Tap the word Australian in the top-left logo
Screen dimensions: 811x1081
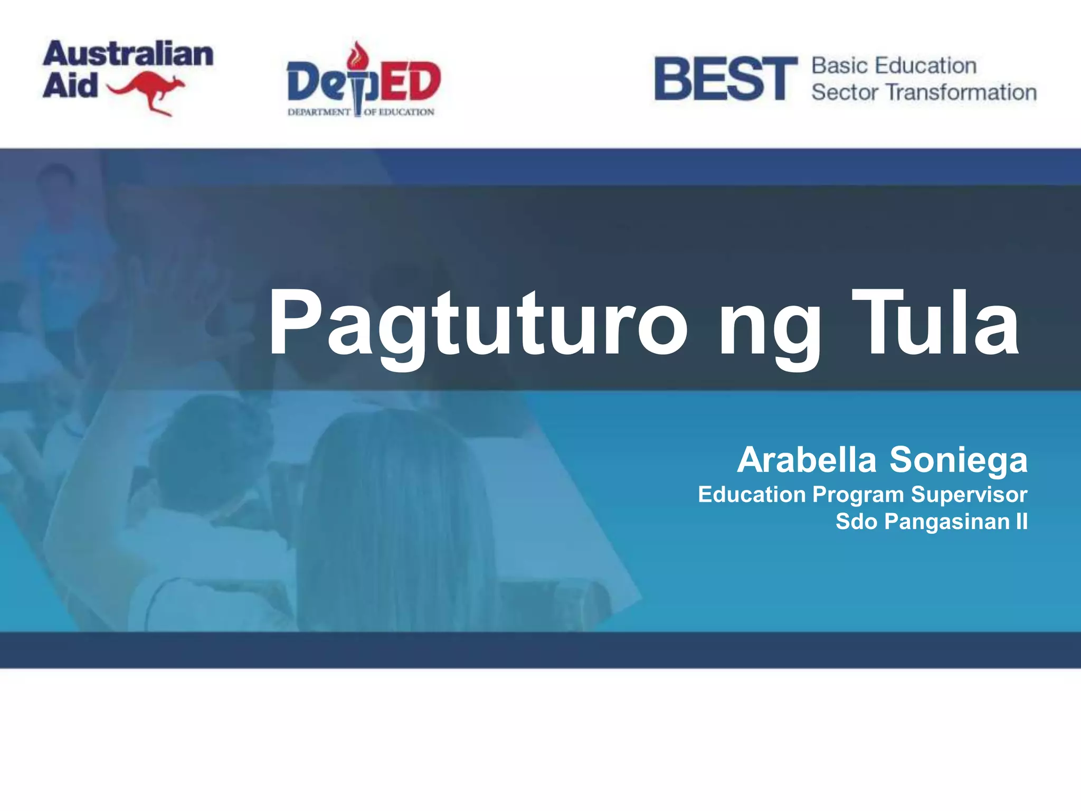(x=128, y=54)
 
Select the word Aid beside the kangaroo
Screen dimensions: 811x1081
(x=70, y=86)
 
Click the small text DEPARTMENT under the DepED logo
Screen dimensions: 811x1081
(x=319, y=112)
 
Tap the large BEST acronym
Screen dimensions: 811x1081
(x=725, y=79)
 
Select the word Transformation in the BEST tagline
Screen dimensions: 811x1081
(x=961, y=92)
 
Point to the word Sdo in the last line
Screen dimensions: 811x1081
(x=856, y=521)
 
